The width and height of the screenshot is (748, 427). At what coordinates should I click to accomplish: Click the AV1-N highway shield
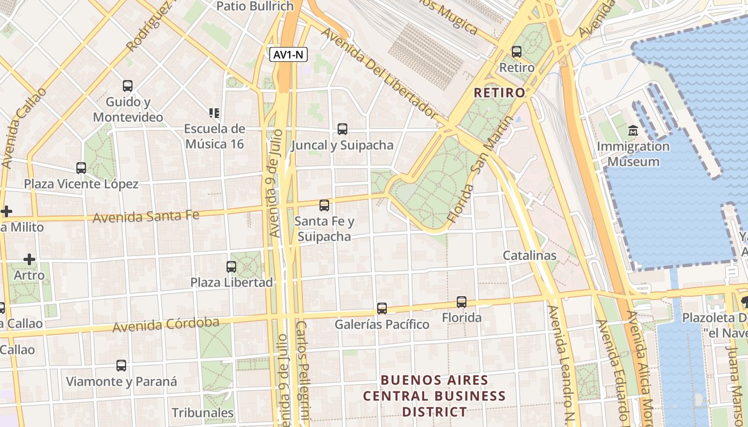pos(289,54)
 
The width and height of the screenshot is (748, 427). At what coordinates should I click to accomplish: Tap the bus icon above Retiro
pos(516,52)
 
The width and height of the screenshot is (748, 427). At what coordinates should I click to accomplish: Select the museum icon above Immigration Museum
pos(633,130)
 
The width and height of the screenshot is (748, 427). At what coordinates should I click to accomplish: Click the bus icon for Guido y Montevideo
pos(128,86)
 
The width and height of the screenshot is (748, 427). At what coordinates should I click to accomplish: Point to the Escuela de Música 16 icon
pos(214,113)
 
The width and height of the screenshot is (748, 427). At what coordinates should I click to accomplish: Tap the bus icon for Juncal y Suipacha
pos(342,129)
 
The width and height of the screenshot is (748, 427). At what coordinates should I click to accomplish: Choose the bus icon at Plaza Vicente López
pos(81,168)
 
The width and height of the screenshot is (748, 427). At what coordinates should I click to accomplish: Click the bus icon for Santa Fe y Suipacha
pos(324,205)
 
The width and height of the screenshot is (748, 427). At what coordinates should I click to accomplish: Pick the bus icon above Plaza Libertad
pos(231,266)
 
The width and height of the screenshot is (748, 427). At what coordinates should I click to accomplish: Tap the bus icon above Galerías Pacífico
pos(381,309)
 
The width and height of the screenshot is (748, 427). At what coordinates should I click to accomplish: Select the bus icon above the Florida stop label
pos(462,302)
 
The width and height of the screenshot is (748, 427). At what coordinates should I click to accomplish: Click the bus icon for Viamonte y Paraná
pos(121,366)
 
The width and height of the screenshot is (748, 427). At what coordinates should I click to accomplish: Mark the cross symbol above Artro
pos(29,260)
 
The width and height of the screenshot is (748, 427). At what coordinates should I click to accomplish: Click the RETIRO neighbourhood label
pos(500,93)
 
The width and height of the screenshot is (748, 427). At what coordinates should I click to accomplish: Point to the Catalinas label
pos(529,256)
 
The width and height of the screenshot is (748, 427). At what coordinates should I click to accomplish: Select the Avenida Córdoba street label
pos(166,325)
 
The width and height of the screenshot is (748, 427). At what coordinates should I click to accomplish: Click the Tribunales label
pos(202,413)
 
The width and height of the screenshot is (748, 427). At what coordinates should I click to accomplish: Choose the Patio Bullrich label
pos(255,6)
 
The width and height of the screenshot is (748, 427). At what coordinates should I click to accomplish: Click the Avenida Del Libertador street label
pos(379,73)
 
